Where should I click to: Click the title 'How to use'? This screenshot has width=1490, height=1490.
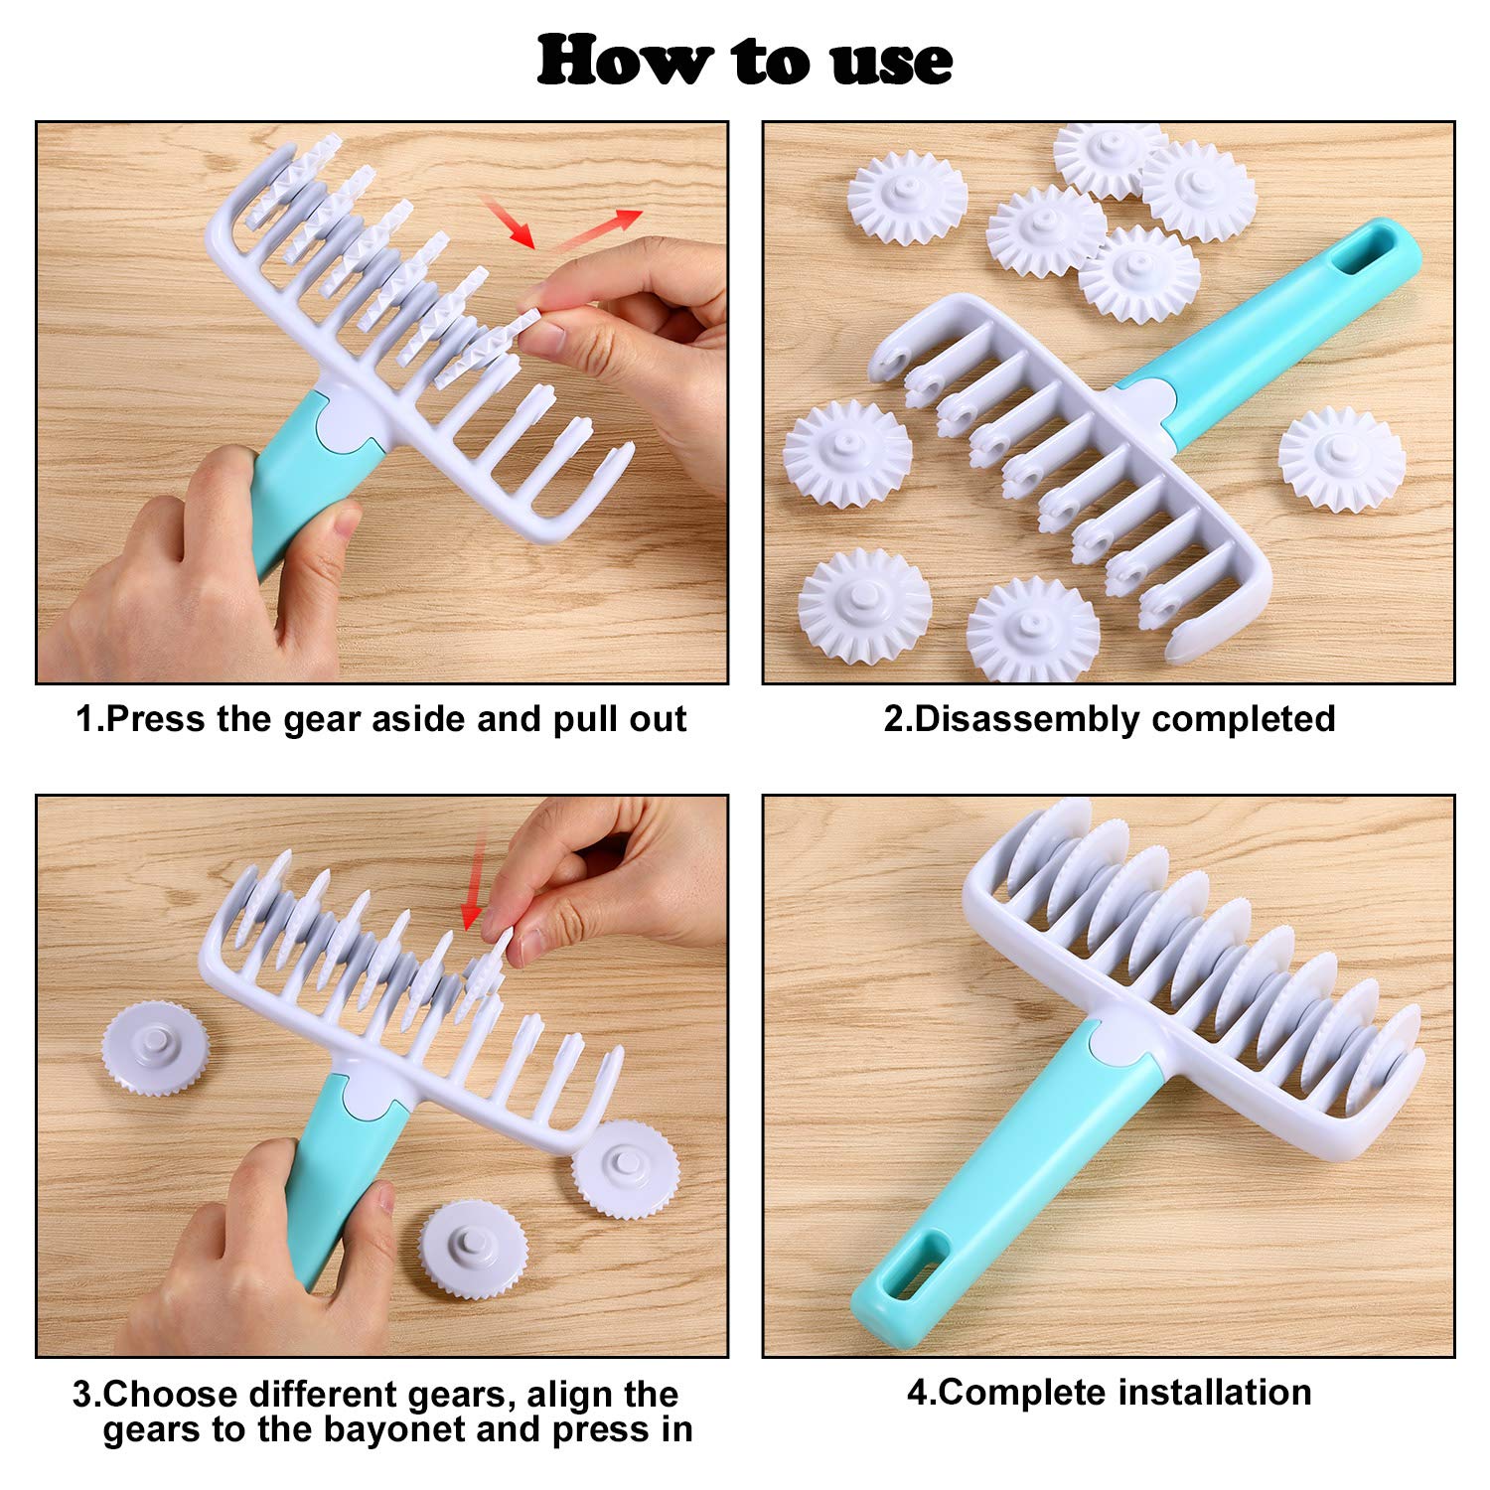point(745,60)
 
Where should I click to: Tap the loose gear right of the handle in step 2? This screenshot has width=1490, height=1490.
point(1341,460)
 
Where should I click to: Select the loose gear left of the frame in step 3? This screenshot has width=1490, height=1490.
point(156,1051)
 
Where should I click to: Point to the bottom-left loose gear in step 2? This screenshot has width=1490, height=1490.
point(864,608)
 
